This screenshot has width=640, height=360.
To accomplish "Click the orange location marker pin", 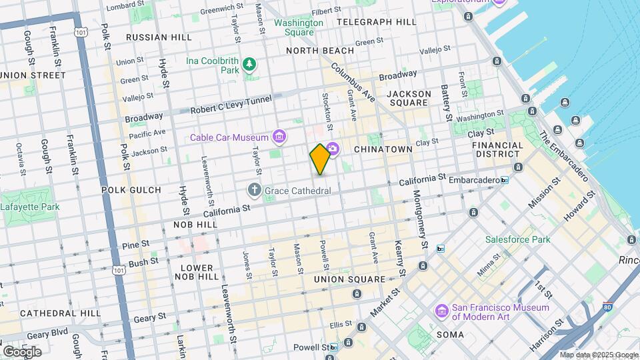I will pos(320,159).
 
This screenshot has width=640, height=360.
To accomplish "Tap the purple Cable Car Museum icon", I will pos(279,138).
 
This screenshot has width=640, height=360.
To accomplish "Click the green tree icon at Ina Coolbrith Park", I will pos(249,64).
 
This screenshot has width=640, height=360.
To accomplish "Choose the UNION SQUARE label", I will pos(349,279).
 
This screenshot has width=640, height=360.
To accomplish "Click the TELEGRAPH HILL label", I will pos(377,21).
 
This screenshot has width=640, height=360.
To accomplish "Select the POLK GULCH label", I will pos(131,190).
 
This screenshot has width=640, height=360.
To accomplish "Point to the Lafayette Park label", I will pos(30,207).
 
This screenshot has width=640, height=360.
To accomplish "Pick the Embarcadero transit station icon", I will pos(505,180).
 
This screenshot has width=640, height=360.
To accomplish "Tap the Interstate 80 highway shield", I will pos(607,307).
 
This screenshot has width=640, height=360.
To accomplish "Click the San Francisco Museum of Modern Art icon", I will pos(441,311).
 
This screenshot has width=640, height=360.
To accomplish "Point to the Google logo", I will pos(22,351).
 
